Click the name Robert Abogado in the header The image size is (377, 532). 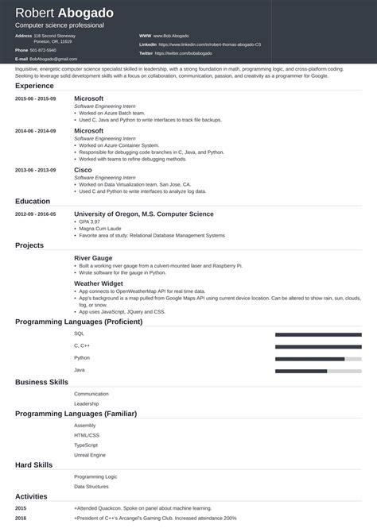(x=64, y=13)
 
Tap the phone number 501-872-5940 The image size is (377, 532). (x=45, y=50)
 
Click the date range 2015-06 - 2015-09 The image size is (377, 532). (x=36, y=98)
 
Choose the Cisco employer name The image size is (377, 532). (x=84, y=170)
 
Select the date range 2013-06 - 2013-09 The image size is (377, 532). (x=36, y=170)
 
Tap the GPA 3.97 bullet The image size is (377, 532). (x=91, y=223)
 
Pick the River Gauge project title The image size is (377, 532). (x=93, y=258)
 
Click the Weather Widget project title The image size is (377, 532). (x=99, y=283)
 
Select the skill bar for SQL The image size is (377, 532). (x=318, y=335)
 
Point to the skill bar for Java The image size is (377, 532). (x=318, y=371)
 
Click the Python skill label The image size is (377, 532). (x=82, y=357)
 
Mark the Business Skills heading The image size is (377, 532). (x=42, y=382)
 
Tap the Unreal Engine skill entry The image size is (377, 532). (x=90, y=455)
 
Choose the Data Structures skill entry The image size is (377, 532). (x=91, y=485)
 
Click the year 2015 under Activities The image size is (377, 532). (x=21, y=507)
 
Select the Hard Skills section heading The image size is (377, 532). (x=34, y=465)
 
